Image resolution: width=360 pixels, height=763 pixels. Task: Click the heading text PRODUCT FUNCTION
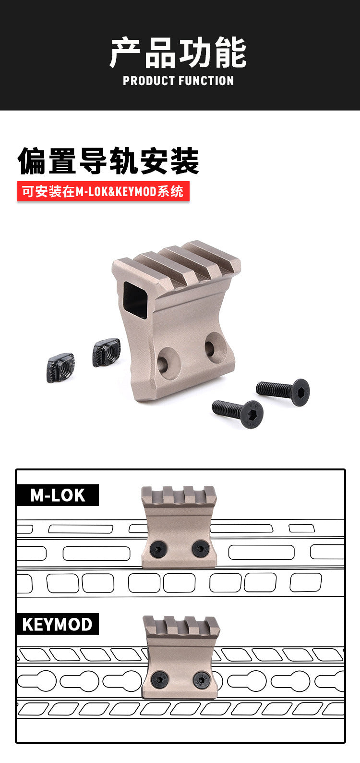click(178, 81)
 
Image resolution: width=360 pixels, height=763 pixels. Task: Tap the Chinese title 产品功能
click(178, 52)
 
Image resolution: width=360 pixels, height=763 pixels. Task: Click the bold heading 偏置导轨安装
click(108, 161)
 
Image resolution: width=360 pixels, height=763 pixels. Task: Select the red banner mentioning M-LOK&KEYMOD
click(103, 191)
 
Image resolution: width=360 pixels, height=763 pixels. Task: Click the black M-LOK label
click(58, 495)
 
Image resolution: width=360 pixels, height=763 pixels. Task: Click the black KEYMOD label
click(58, 624)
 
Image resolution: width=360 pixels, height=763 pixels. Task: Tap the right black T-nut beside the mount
click(107, 352)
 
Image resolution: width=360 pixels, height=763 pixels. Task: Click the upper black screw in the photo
click(283, 392)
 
